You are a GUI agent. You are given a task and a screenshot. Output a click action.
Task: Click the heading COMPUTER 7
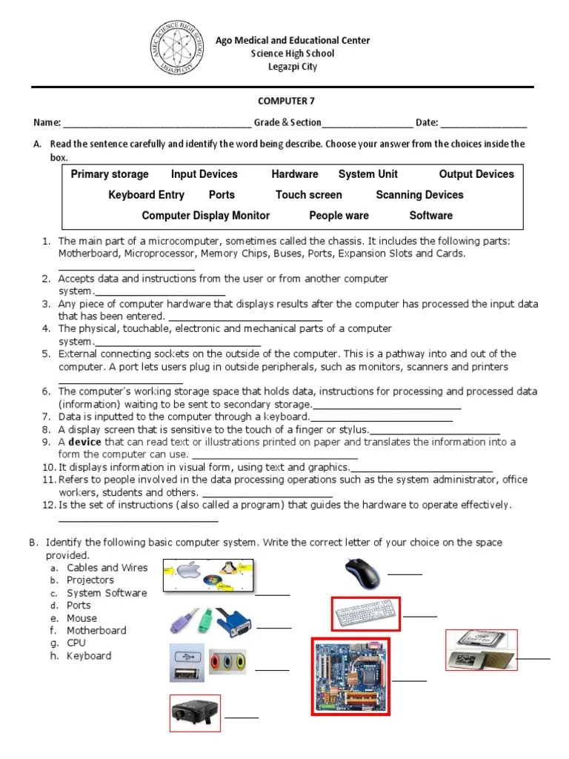tap(281, 101)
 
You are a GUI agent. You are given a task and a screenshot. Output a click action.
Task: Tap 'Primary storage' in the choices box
tap(110, 174)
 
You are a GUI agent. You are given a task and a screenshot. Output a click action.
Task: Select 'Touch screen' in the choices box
tap(309, 195)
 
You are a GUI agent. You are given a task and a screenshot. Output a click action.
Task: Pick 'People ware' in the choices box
tap(339, 216)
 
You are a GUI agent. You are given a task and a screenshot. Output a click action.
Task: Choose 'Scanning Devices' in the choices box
tap(419, 195)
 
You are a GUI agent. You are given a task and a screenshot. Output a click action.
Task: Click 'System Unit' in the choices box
tap(368, 174)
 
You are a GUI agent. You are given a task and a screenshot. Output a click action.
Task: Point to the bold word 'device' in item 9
tap(84, 442)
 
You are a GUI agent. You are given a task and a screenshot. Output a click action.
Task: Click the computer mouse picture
tap(363, 573)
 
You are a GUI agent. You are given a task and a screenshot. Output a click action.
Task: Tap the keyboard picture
tap(365, 614)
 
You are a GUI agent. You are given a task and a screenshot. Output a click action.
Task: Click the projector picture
tap(195, 712)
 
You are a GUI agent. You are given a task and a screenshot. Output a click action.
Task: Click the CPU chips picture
tap(481, 650)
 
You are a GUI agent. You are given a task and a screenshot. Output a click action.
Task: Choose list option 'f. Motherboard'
tap(96, 631)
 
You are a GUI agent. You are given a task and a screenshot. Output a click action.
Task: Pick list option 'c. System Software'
tap(107, 593)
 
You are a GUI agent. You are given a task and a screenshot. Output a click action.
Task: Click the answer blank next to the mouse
tap(405, 574)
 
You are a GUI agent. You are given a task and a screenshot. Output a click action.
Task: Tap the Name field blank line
tap(157, 123)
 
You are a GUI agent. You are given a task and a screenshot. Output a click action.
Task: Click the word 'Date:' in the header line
tap(427, 122)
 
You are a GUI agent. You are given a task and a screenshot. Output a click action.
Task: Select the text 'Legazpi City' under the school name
tap(292, 67)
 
